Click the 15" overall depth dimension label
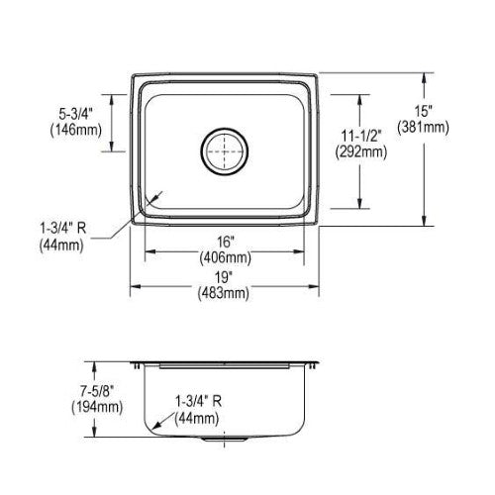(424, 111)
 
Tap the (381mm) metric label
(424, 128)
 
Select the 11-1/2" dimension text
(361, 136)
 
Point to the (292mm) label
(361, 152)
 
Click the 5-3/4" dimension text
(76, 114)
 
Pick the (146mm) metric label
(76, 131)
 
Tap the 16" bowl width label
(226, 243)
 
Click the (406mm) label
(226, 257)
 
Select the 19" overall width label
(223, 277)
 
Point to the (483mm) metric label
(223, 293)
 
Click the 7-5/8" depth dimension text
(97, 391)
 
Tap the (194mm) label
(97, 407)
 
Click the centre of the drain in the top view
(225, 151)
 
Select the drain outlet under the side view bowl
(224, 440)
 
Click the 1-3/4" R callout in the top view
(63, 228)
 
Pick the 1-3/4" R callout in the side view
(198, 402)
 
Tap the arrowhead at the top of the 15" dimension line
(424, 78)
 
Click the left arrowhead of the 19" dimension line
(136, 286)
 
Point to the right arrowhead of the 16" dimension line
(298, 251)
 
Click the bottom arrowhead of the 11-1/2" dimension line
(360, 203)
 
